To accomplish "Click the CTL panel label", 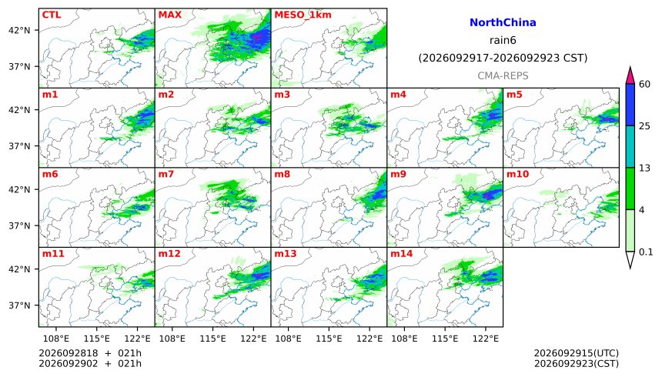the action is (51, 15).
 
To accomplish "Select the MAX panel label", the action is (169, 15).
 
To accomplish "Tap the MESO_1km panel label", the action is (303, 15).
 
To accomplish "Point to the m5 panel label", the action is (514, 95).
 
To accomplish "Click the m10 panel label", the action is (517, 174).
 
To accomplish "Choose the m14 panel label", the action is (401, 254).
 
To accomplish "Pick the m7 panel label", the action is (166, 174).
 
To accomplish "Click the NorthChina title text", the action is (503, 22).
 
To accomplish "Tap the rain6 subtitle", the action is (503, 40).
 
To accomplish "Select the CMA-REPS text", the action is (503, 75).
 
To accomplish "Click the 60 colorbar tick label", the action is (644, 84).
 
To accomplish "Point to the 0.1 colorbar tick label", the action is (646, 252).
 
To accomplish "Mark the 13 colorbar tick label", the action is (644, 168).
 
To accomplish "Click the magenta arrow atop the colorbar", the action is (630, 75).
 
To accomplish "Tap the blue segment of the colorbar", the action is (630, 105).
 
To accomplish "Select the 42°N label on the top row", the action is (19, 31).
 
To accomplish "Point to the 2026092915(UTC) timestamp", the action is (577, 353).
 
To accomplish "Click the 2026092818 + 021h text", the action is (90, 353).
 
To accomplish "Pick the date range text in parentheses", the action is (503, 58).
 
